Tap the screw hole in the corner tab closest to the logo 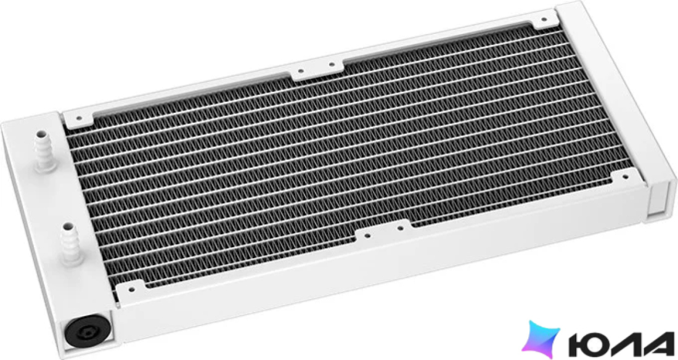point(625,176)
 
